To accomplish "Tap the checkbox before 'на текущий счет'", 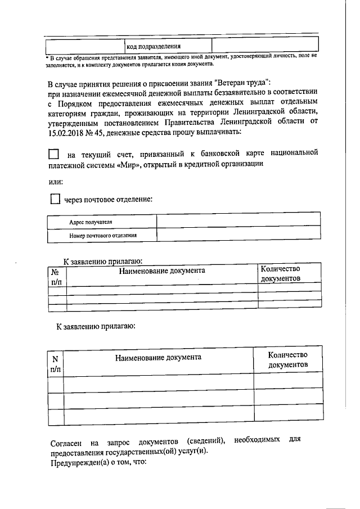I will (53, 154).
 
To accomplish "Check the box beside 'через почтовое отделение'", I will (55, 199).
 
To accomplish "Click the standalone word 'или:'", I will (55, 181).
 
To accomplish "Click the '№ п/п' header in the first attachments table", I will (56, 275).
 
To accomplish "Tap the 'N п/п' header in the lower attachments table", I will (56, 364).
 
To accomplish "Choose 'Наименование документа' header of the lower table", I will (158, 358).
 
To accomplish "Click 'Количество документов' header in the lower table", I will (287, 359).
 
